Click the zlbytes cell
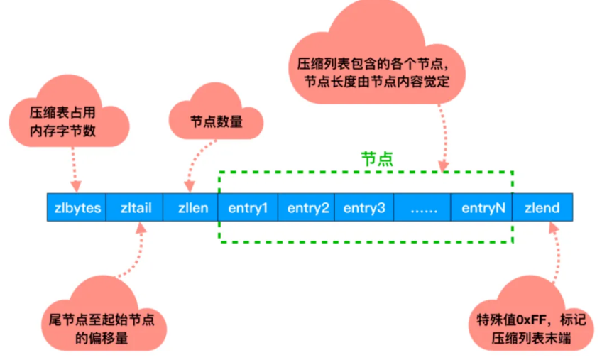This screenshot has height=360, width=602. pyautogui.click(x=77, y=208)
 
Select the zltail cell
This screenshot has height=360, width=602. pyautogui.click(x=134, y=208)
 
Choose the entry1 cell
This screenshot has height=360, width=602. pyautogui.click(x=248, y=208)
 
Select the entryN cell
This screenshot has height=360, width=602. pyautogui.click(x=483, y=208)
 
